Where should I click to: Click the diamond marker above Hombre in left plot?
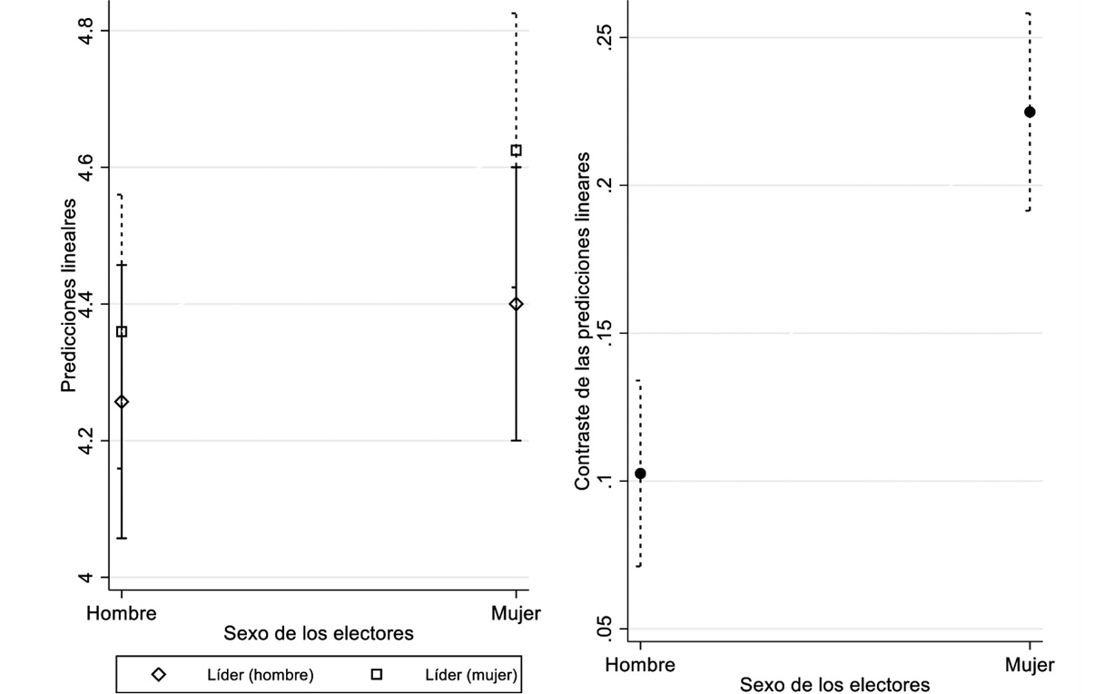click(x=122, y=402)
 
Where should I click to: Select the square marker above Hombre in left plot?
click(x=122, y=332)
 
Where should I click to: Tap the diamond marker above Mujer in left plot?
click(x=517, y=304)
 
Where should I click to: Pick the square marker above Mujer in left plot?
click(x=517, y=151)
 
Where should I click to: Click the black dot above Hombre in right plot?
click(x=640, y=474)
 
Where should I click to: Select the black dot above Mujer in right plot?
click(x=1030, y=112)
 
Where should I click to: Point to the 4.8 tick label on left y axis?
click(x=84, y=31)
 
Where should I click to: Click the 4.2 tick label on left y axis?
click(x=84, y=441)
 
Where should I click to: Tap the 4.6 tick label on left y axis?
click(x=84, y=168)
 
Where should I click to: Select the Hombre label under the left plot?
click(x=122, y=613)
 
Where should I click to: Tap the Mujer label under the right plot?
click(x=1030, y=665)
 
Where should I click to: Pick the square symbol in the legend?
click(x=377, y=674)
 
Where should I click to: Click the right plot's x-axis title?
click(x=834, y=684)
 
